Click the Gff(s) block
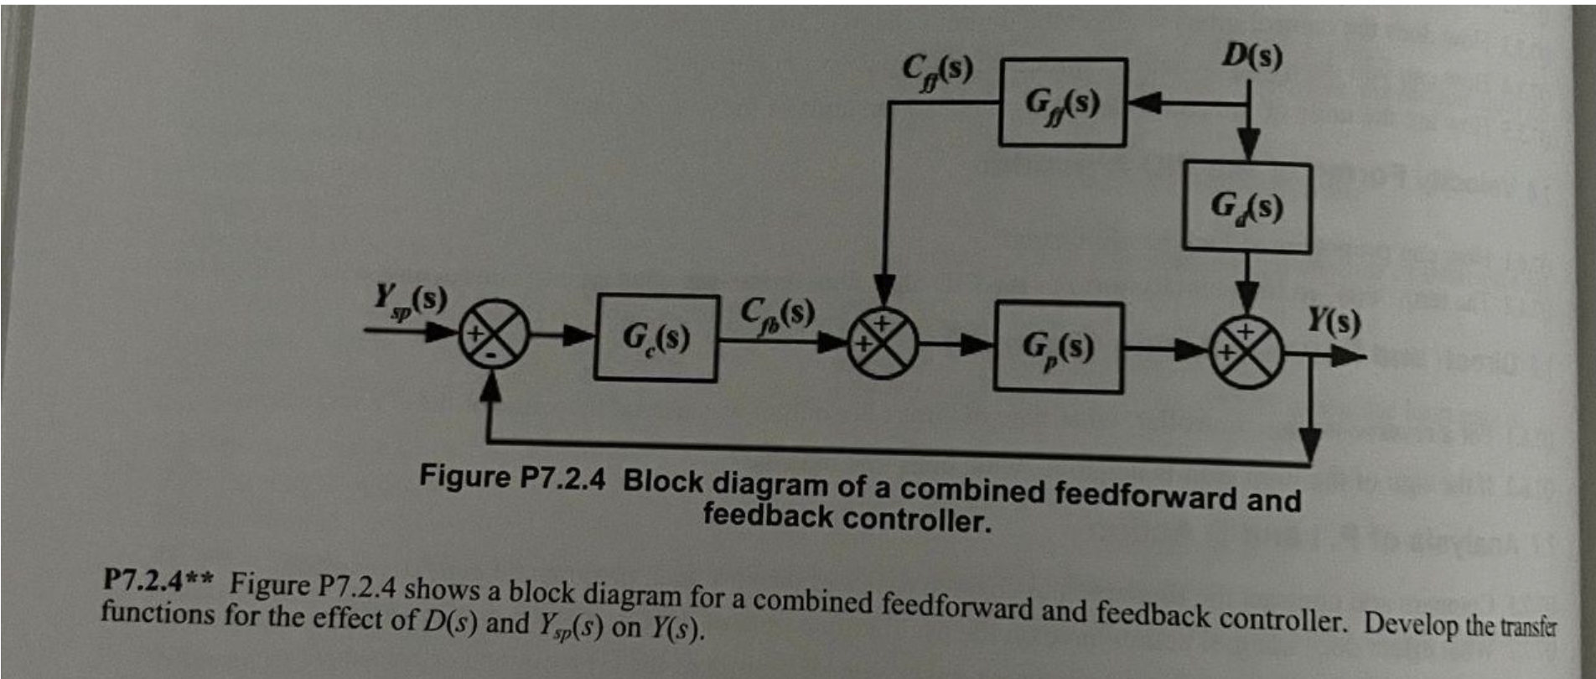click(1063, 102)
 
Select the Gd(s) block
click(1246, 206)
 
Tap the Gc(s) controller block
click(656, 338)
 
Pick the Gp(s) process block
click(1058, 347)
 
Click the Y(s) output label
click(1334, 320)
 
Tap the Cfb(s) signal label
click(777, 313)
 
